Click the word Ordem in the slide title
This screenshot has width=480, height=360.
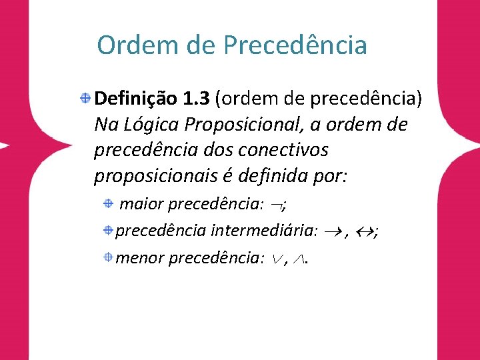(x=137, y=45)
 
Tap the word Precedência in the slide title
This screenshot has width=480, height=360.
(x=295, y=45)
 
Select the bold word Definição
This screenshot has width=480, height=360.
(x=135, y=99)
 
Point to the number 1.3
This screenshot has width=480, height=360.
(x=196, y=99)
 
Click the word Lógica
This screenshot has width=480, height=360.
(x=151, y=125)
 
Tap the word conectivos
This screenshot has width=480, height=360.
(x=283, y=150)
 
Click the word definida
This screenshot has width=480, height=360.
(x=273, y=175)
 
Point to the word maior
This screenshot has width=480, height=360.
(x=141, y=204)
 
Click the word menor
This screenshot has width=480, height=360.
(x=140, y=259)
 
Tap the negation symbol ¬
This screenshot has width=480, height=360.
(x=277, y=206)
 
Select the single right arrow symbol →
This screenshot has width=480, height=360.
(x=333, y=233)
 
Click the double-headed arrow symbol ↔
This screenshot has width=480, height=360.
(x=365, y=233)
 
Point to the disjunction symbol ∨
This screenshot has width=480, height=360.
(x=277, y=259)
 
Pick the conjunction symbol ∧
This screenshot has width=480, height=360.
(x=299, y=259)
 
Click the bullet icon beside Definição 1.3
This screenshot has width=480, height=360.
(x=85, y=98)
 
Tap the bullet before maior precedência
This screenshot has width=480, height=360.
(x=109, y=203)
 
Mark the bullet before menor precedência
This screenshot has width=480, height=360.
(x=109, y=257)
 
